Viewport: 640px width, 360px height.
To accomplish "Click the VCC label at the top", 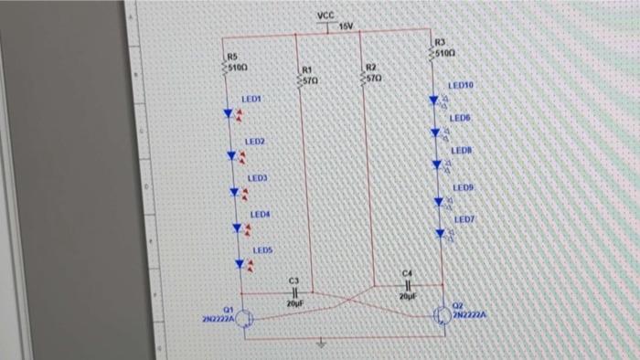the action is pyautogui.click(x=326, y=16).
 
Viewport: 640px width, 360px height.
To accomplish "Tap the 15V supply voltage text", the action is pyautogui.click(x=346, y=26).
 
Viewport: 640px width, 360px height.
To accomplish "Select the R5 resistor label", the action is pyautogui.click(x=232, y=57).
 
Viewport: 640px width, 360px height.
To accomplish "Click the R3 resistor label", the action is pyautogui.click(x=440, y=42).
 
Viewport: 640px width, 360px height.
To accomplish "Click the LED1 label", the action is pyautogui.click(x=251, y=98).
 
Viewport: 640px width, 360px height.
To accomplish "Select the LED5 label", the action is pyautogui.click(x=263, y=249).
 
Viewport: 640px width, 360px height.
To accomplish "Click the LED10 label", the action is pyautogui.click(x=460, y=85).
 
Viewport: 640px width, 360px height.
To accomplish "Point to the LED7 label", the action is pyautogui.click(x=465, y=220).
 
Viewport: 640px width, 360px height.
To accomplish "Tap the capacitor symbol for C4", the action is pyautogui.click(x=408, y=285).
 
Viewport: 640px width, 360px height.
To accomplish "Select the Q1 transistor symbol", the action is pyautogui.click(x=243, y=319).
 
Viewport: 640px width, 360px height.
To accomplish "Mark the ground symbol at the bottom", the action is pyautogui.click(x=321, y=346).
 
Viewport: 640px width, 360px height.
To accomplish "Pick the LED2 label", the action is pyautogui.click(x=254, y=143).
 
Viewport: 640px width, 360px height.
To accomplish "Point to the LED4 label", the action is pyautogui.click(x=261, y=214).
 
